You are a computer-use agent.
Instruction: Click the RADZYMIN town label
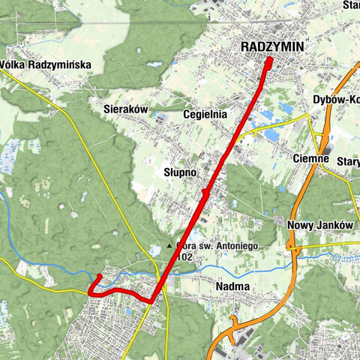272,47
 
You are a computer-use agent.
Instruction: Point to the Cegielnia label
205,115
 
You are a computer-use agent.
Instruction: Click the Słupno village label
180,172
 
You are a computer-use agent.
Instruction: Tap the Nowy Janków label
319,225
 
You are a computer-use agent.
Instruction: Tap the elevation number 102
186,256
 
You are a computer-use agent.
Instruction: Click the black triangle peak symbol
169,245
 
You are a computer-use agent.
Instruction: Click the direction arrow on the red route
205,195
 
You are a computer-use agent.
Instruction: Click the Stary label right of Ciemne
349,161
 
